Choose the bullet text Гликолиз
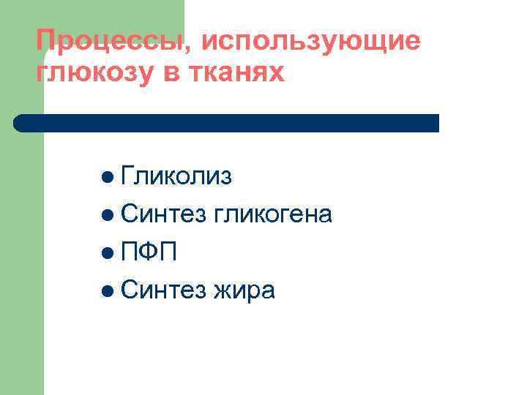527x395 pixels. pos(176,176)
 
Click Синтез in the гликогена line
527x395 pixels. pos(164,214)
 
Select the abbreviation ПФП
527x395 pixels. pos(149,252)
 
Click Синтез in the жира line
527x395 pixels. pos(164,290)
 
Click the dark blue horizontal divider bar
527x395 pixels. pos(227,123)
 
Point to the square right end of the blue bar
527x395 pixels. pos(435,123)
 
